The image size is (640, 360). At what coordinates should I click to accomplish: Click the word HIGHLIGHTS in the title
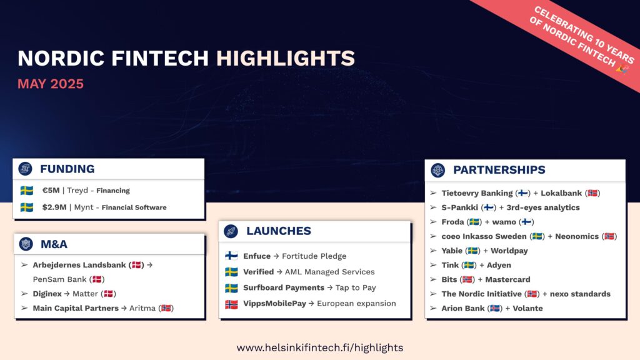pos(285,58)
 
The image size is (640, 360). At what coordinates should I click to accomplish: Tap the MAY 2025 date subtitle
pos(51,84)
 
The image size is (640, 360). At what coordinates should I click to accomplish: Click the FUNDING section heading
pos(67,169)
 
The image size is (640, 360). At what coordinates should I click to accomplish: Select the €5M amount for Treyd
pos(51,191)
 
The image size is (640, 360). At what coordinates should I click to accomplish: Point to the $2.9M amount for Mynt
pos(54,207)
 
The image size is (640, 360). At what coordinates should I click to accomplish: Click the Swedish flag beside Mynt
pos(27,207)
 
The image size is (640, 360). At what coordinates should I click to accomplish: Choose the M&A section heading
pos(54,244)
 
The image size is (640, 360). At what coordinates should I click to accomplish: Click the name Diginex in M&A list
pos(47,294)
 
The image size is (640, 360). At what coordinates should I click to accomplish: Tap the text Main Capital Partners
pos(76,308)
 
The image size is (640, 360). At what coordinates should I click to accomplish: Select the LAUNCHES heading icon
pos(231,231)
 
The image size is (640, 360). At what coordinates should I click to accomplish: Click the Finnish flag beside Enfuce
pos(231,256)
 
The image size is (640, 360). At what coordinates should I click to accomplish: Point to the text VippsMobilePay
pos(275,304)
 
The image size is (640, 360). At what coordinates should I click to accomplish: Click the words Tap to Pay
pos(356,287)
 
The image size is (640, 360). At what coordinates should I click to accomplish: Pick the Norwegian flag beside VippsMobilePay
pos(231,304)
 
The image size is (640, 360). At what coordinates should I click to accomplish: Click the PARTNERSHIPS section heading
pos(499,170)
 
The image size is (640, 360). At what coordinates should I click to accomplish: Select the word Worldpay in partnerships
pos(509,251)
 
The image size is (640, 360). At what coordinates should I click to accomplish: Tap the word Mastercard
pos(507,279)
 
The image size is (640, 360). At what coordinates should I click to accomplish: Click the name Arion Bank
pos(463,309)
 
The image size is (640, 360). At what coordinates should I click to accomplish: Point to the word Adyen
pos(499,265)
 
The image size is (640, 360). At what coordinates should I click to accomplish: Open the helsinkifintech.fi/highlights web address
pos(320,347)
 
